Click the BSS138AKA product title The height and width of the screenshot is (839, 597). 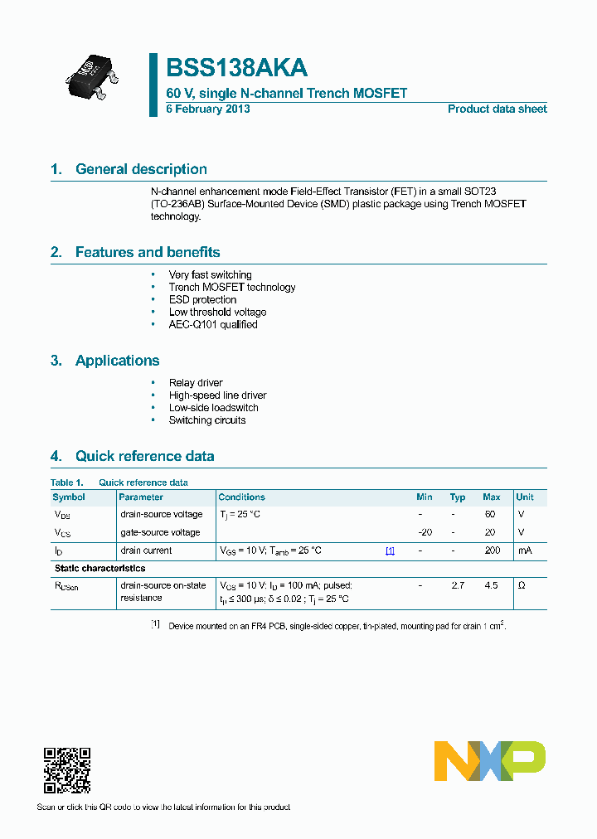(237, 68)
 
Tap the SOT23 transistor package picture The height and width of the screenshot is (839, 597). (91, 73)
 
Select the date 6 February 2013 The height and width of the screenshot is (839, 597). (208, 109)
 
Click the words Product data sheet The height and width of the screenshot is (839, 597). (497, 109)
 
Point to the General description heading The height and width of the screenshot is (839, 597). (141, 169)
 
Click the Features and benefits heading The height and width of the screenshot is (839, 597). (147, 252)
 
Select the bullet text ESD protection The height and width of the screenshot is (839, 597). (202, 299)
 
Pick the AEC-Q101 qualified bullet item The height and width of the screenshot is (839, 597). (213, 324)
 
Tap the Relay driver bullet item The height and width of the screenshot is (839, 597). (196, 382)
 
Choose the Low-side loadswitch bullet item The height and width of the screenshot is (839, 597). (213, 407)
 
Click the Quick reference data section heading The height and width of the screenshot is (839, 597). (144, 456)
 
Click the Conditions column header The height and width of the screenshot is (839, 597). (241, 497)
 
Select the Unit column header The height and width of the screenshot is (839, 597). (525, 497)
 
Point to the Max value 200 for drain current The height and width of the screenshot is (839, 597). (492, 550)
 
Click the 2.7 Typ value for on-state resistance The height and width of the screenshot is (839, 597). (458, 585)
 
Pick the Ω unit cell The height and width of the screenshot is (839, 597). (522, 585)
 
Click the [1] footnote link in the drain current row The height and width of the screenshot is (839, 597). (390, 550)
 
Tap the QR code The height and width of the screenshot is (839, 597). (66, 771)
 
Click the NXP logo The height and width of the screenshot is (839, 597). (490, 760)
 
